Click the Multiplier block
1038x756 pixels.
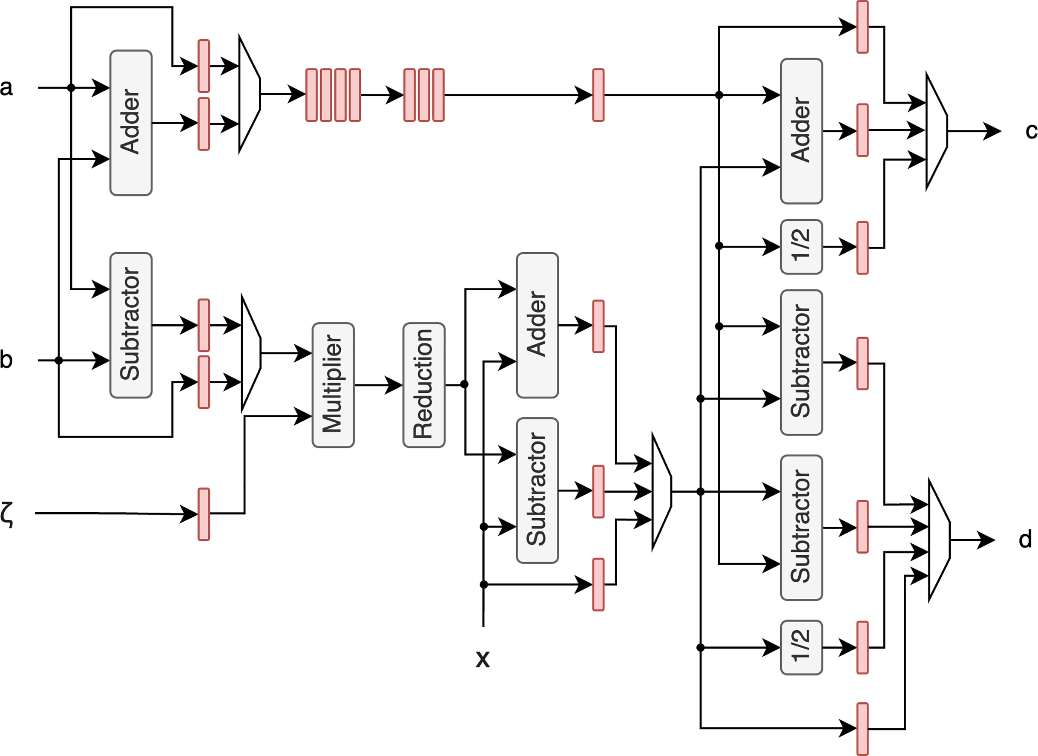333,385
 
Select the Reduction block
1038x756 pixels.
424,385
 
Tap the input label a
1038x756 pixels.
6,87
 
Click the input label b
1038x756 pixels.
6,360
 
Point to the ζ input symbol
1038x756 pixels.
6,514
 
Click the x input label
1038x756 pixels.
483,658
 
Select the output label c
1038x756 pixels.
1031,131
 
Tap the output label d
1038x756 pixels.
1025,540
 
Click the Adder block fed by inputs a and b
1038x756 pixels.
131,123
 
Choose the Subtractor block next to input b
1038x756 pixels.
131,325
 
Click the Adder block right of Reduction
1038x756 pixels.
537,325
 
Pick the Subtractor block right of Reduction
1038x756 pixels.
537,491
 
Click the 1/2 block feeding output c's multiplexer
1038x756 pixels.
801,247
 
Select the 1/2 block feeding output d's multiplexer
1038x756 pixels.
801,647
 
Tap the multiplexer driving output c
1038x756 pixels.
936,131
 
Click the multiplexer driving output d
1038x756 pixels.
939,540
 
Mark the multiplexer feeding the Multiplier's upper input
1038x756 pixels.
251,353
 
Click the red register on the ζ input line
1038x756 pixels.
204,514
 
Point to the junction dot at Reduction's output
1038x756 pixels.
464,384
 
